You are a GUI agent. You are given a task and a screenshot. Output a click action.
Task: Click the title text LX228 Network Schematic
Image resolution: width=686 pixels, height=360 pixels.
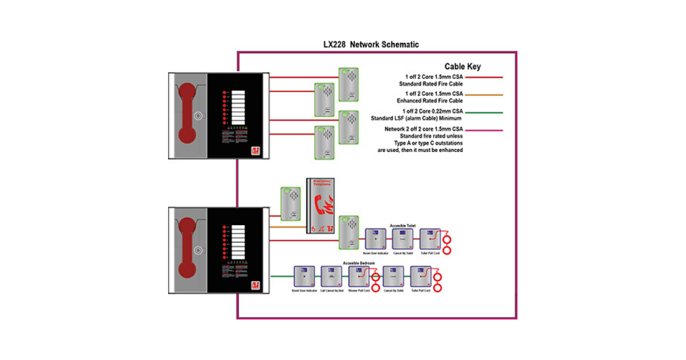click(x=372, y=45)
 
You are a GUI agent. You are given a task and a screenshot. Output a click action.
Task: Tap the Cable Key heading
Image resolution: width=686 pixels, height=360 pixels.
click(x=462, y=66)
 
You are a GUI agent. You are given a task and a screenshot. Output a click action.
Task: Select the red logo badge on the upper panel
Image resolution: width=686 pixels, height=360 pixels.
click(x=256, y=150)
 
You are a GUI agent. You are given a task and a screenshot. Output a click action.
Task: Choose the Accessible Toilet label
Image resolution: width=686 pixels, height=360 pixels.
click(x=402, y=226)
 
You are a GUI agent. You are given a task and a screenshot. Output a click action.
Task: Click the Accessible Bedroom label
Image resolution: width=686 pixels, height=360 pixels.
click(x=359, y=263)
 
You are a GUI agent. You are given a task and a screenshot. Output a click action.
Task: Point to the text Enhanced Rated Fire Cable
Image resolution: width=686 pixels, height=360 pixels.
click(x=429, y=101)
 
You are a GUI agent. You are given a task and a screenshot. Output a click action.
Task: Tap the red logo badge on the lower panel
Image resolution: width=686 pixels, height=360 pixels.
click(x=256, y=285)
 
